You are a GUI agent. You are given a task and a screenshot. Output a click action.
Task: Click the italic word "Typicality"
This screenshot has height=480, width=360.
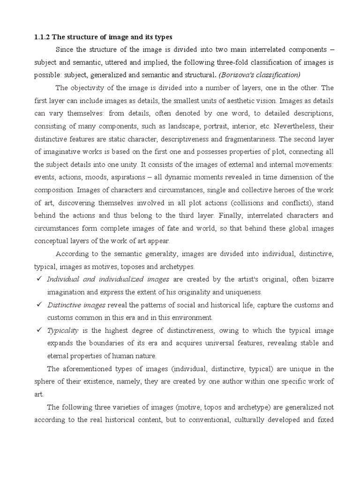62,330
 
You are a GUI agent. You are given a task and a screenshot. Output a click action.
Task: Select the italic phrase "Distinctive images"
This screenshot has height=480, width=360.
76,305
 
